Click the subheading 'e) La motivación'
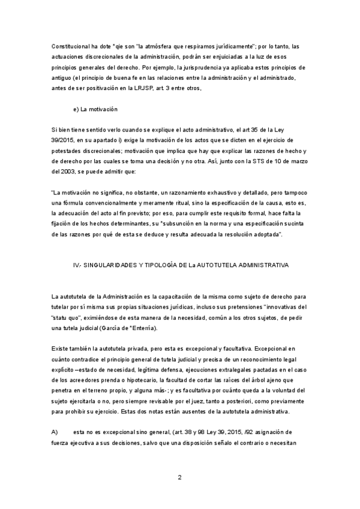tap(95, 109)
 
